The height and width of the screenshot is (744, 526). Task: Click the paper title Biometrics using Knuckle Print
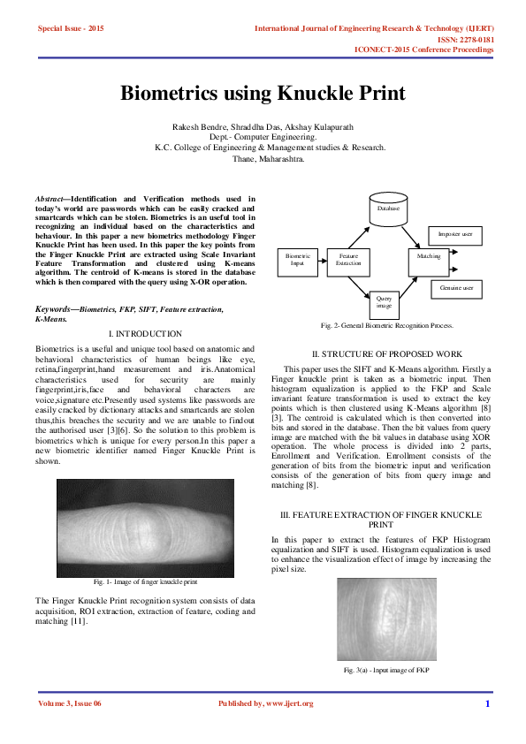click(x=263, y=94)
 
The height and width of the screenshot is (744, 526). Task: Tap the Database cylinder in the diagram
click(x=389, y=209)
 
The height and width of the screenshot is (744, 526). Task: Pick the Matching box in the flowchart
click(x=429, y=255)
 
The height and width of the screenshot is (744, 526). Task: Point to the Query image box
click(x=384, y=304)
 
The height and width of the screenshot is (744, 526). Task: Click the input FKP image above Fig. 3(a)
click(x=386, y=619)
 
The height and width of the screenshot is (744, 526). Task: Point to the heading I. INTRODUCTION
click(x=144, y=334)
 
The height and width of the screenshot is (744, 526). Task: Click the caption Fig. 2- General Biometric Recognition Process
click(x=386, y=326)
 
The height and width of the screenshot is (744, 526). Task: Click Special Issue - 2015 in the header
click(x=71, y=29)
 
